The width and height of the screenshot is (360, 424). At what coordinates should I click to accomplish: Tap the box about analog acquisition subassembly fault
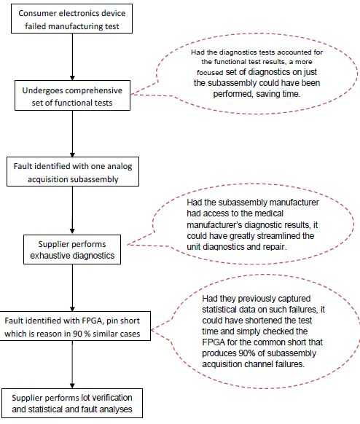point(72,171)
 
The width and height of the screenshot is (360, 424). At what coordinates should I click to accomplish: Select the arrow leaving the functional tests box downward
point(72,136)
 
